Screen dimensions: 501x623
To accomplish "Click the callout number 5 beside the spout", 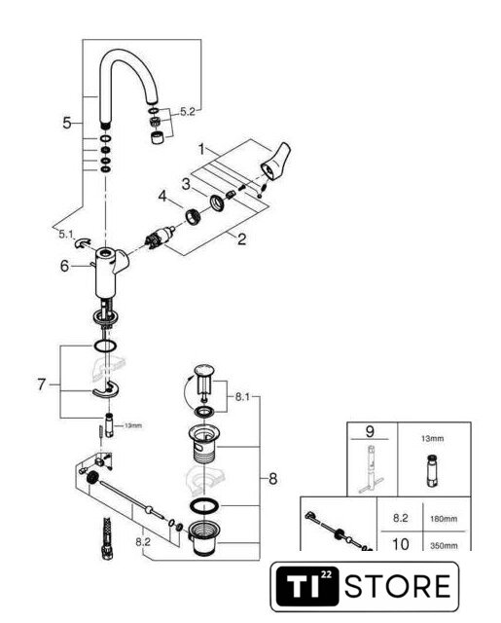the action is [x=67, y=123].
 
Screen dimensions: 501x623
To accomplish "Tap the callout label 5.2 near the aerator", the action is [x=188, y=112].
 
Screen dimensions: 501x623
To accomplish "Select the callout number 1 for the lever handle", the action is [x=201, y=150].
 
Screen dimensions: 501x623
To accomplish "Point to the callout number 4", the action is [x=162, y=196].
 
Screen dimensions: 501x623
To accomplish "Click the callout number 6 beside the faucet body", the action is [x=64, y=266].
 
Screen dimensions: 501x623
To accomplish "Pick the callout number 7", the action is [x=42, y=385].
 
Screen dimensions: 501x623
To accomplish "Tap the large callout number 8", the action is [x=272, y=478].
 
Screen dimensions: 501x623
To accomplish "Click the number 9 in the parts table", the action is [x=370, y=431].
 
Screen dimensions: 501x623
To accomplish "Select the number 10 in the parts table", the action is [x=400, y=544].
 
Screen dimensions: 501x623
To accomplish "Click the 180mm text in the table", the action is [x=444, y=519].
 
